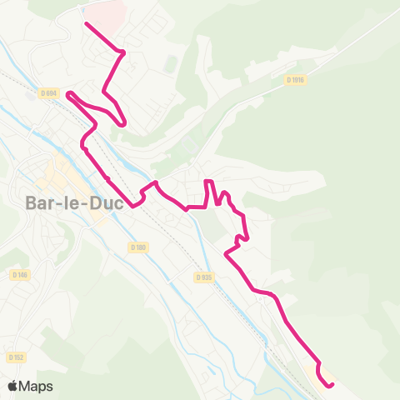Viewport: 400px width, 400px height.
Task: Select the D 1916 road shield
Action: tap(296, 80)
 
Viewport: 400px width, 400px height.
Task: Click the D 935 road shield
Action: tap(204, 277)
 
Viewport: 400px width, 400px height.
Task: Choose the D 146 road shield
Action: tap(19, 274)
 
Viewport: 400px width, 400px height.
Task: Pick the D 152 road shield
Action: tap(15, 357)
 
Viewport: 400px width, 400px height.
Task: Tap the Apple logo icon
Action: tap(12, 386)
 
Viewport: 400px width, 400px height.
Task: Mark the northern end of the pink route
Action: tap(87, 23)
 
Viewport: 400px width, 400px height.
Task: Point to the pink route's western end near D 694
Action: tap(68, 93)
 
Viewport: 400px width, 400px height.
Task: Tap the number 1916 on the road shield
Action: tap(298, 80)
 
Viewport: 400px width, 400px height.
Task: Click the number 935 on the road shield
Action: tap(207, 277)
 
